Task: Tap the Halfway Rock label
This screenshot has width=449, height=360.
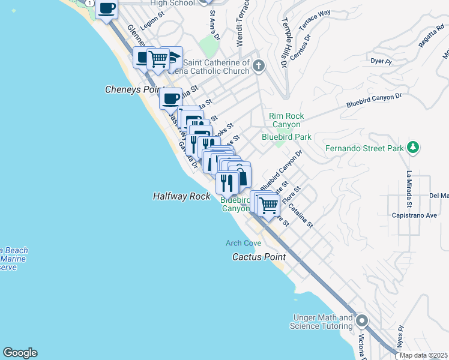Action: coord(181,196)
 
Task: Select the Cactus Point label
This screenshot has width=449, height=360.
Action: coord(259,257)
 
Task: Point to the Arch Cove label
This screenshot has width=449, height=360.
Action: coord(243,243)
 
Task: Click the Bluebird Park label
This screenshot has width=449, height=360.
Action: coord(286,137)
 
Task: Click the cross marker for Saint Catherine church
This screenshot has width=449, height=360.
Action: coord(259,65)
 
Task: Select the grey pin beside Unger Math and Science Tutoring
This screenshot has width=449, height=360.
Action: coord(362,321)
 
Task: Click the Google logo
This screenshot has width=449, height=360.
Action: coord(20,353)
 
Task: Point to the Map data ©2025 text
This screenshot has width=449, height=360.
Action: coord(423,355)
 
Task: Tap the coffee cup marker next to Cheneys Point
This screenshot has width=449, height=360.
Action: coord(171,98)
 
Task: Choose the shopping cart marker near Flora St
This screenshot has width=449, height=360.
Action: coord(268,205)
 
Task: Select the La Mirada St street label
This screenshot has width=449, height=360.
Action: coord(408,189)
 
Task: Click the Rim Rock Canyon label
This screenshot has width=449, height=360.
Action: coord(286,120)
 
